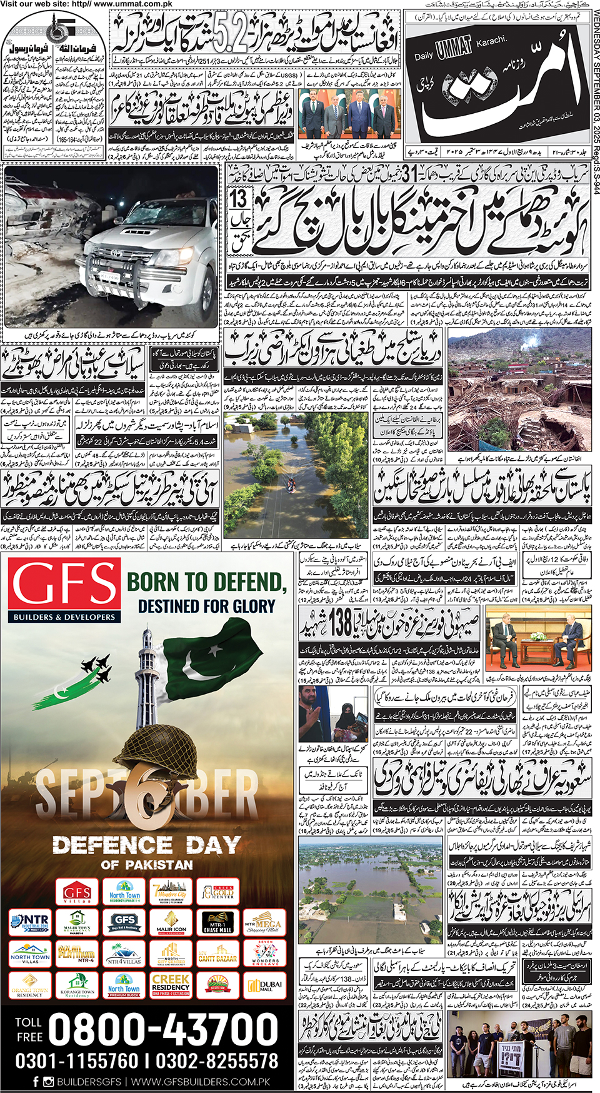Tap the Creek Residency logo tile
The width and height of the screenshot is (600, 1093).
[171, 985]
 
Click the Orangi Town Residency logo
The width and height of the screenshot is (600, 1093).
[30, 985]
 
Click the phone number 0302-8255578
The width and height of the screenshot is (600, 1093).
[217, 1061]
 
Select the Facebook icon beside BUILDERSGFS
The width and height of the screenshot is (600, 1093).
[35, 1082]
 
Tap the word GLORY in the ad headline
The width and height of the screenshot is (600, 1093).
[250, 607]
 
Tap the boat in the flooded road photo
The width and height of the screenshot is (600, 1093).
[292, 482]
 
